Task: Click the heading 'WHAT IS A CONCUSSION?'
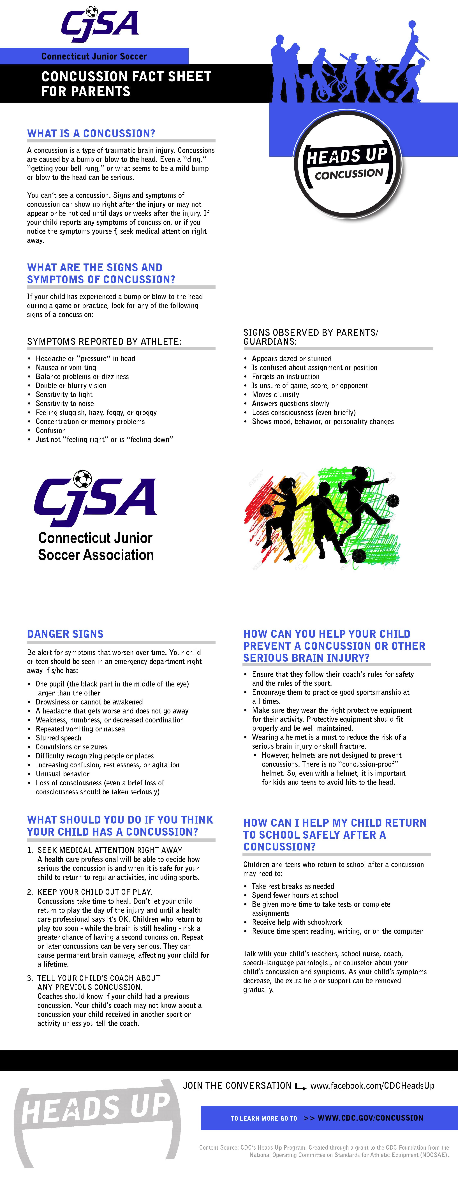(91, 134)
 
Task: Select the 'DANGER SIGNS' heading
(65, 634)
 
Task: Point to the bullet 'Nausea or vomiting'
(66, 368)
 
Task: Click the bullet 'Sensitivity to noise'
(64, 404)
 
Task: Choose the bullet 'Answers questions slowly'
(290, 404)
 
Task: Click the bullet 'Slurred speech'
(58, 738)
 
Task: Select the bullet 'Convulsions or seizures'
(71, 747)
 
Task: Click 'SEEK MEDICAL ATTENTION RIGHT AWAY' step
(110, 850)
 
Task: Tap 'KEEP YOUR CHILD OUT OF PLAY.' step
(94, 892)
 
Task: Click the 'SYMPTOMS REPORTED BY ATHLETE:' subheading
(104, 342)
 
